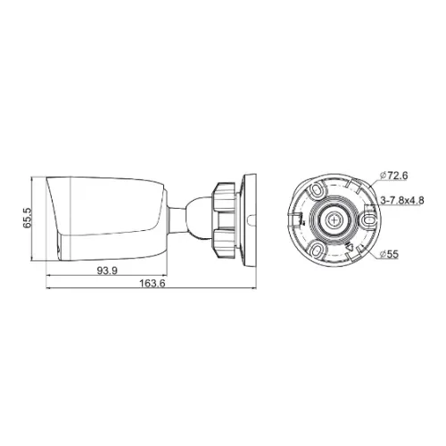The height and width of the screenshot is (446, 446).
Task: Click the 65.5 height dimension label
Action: pos(27,218)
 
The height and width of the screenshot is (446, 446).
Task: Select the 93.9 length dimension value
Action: pos(107,270)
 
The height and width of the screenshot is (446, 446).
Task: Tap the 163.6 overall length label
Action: pos(153,284)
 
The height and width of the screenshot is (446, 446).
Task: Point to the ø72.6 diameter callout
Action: pos(394,176)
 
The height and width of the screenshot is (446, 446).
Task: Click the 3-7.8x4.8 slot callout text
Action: pos(402,201)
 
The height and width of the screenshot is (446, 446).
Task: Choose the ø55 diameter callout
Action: pos(389,254)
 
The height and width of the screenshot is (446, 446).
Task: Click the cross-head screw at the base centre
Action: pos(335,220)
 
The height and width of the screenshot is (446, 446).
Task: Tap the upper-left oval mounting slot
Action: pos(316,189)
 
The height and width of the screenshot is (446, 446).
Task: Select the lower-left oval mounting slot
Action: pos(316,249)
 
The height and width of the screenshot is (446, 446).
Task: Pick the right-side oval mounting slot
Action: pos(369,220)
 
